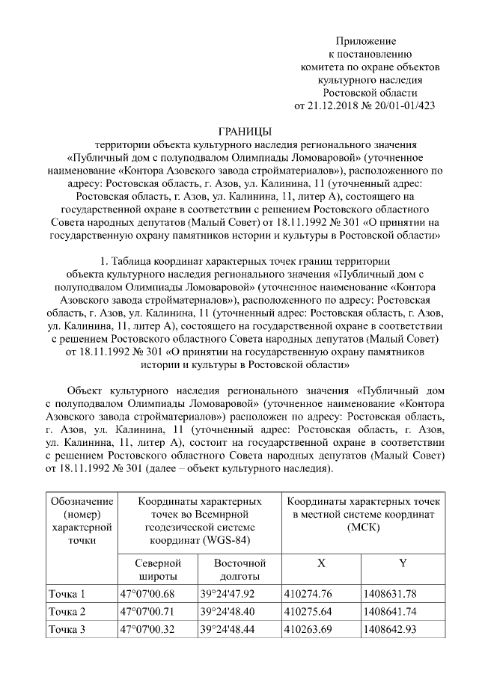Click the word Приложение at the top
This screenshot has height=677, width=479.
point(366,40)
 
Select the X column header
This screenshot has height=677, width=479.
point(320,563)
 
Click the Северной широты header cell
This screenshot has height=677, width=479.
point(156,569)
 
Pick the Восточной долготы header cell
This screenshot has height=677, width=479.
point(239,569)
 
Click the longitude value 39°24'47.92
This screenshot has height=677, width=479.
point(228,595)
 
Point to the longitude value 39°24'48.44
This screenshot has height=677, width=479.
point(228,629)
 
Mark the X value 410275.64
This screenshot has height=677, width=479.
point(308,612)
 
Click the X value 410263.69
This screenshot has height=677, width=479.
point(308,629)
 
